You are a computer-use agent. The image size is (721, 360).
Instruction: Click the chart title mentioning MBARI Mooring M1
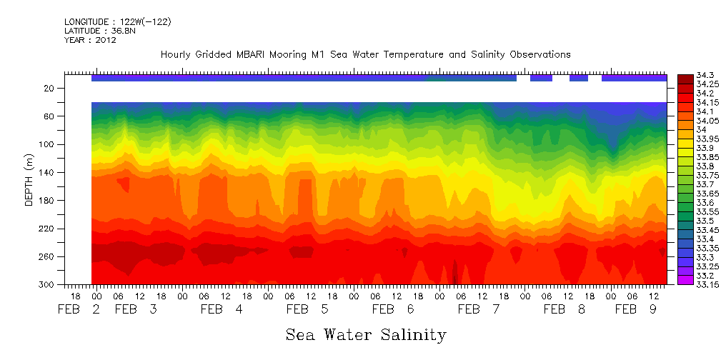[x=365, y=54]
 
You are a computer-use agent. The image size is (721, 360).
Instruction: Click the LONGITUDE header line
[x=118, y=22]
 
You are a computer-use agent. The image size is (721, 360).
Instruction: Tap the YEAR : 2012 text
[x=90, y=40]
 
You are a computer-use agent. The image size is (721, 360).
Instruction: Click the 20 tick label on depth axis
[x=50, y=89]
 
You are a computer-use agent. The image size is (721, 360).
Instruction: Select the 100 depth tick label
[x=48, y=144]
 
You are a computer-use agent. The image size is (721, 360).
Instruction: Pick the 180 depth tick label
[x=48, y=201]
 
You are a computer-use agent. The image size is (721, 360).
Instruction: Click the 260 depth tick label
[x=48, y=256]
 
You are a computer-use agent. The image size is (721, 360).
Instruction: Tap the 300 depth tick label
[x=48, y=284]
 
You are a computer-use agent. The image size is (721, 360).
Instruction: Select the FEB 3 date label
[x=136, y=309]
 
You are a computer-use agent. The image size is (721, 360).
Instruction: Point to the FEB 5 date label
[x=307, y=309]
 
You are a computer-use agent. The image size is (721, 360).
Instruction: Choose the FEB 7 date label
[x=479, y=309]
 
